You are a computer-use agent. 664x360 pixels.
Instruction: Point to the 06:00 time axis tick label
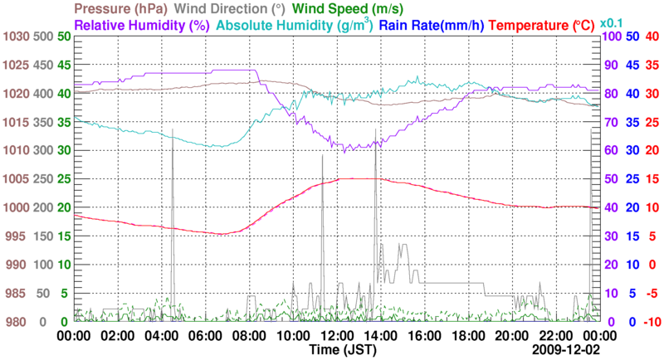tap(205, 336)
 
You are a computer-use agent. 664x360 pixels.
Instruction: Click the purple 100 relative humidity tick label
tap(611, 36)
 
